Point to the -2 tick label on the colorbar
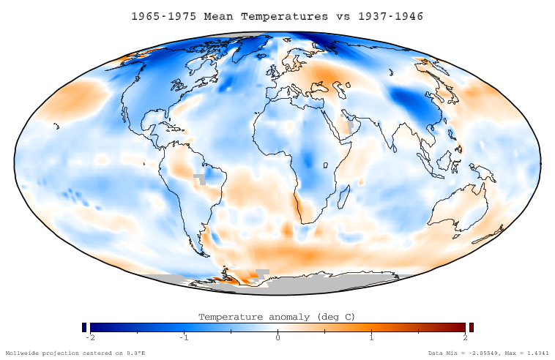point(90,337)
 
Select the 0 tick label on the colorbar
point(277,337)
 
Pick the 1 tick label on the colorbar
point(371,337)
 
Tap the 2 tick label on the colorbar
point(465,337)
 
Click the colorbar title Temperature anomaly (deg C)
point(277,317)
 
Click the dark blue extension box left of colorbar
point(84,327)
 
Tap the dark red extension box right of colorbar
point(472,327)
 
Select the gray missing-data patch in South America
point(200,178)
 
